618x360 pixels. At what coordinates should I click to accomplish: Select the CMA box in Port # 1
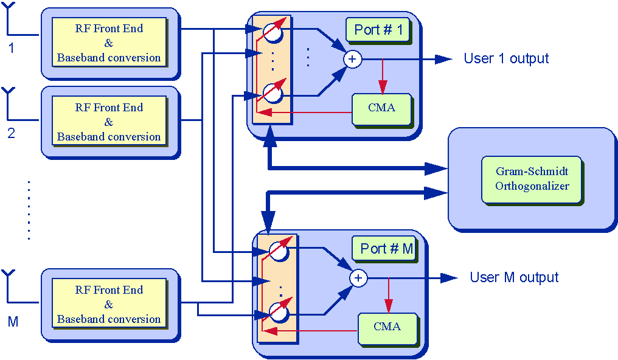tap(381, 108)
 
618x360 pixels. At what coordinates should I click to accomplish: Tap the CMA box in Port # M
tap(387, 327)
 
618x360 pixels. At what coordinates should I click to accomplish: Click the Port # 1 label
tap(377, 29)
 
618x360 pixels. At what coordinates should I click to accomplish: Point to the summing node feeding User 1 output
tap(352, 59)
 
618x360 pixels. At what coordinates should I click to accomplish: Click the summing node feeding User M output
tap(358, 278)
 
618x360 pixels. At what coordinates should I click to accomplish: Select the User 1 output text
tap(506, 58)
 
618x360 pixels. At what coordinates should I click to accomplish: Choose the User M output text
tap(514, 277)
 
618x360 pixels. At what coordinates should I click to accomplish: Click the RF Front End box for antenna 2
tap(109, 122)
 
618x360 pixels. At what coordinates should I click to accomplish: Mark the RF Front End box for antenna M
tap(109, 304)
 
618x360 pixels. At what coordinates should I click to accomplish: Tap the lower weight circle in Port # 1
tap(273, 93)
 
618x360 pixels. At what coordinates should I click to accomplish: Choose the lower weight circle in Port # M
tap(279, 312)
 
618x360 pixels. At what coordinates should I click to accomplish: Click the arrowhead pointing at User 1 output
tap(443, 59)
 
